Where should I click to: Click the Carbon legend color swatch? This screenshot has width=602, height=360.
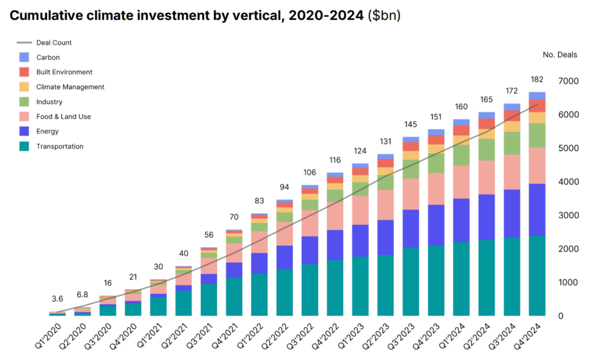24,57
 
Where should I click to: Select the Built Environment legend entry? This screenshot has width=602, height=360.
64,72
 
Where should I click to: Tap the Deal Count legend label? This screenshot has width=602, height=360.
54,43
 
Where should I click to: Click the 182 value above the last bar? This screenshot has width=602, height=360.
536,80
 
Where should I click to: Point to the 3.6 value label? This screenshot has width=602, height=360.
57,299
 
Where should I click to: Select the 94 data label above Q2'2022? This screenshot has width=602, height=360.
284,187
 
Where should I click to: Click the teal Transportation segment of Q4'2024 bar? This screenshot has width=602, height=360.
536,276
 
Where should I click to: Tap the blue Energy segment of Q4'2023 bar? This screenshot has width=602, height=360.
435,225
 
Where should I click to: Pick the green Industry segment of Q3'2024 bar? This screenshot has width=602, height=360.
512,143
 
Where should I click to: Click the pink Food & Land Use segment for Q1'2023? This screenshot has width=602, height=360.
360,210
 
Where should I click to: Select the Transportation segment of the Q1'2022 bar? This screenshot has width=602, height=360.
259,294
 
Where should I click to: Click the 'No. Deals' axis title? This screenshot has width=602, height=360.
559,55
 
